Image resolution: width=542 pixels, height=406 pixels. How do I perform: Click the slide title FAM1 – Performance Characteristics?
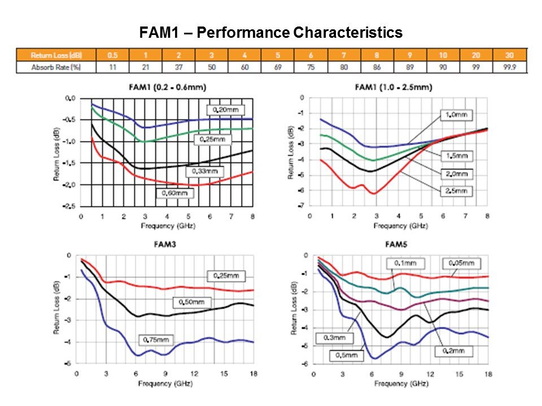tap(271, 33)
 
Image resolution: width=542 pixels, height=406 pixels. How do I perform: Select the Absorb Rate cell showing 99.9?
tap(510, 67)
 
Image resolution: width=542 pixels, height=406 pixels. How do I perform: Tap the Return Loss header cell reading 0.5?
tap(112, 55)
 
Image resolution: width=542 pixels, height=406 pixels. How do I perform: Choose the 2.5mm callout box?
tap(456, 191)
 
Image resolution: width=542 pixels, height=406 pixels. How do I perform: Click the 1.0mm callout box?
tap(456, 115)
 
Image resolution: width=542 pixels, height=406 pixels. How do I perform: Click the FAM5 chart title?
tap(393, 246)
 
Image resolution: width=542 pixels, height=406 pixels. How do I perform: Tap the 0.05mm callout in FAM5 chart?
tap(461, 263)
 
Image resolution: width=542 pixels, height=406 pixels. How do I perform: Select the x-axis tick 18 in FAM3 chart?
tap(253, 374)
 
